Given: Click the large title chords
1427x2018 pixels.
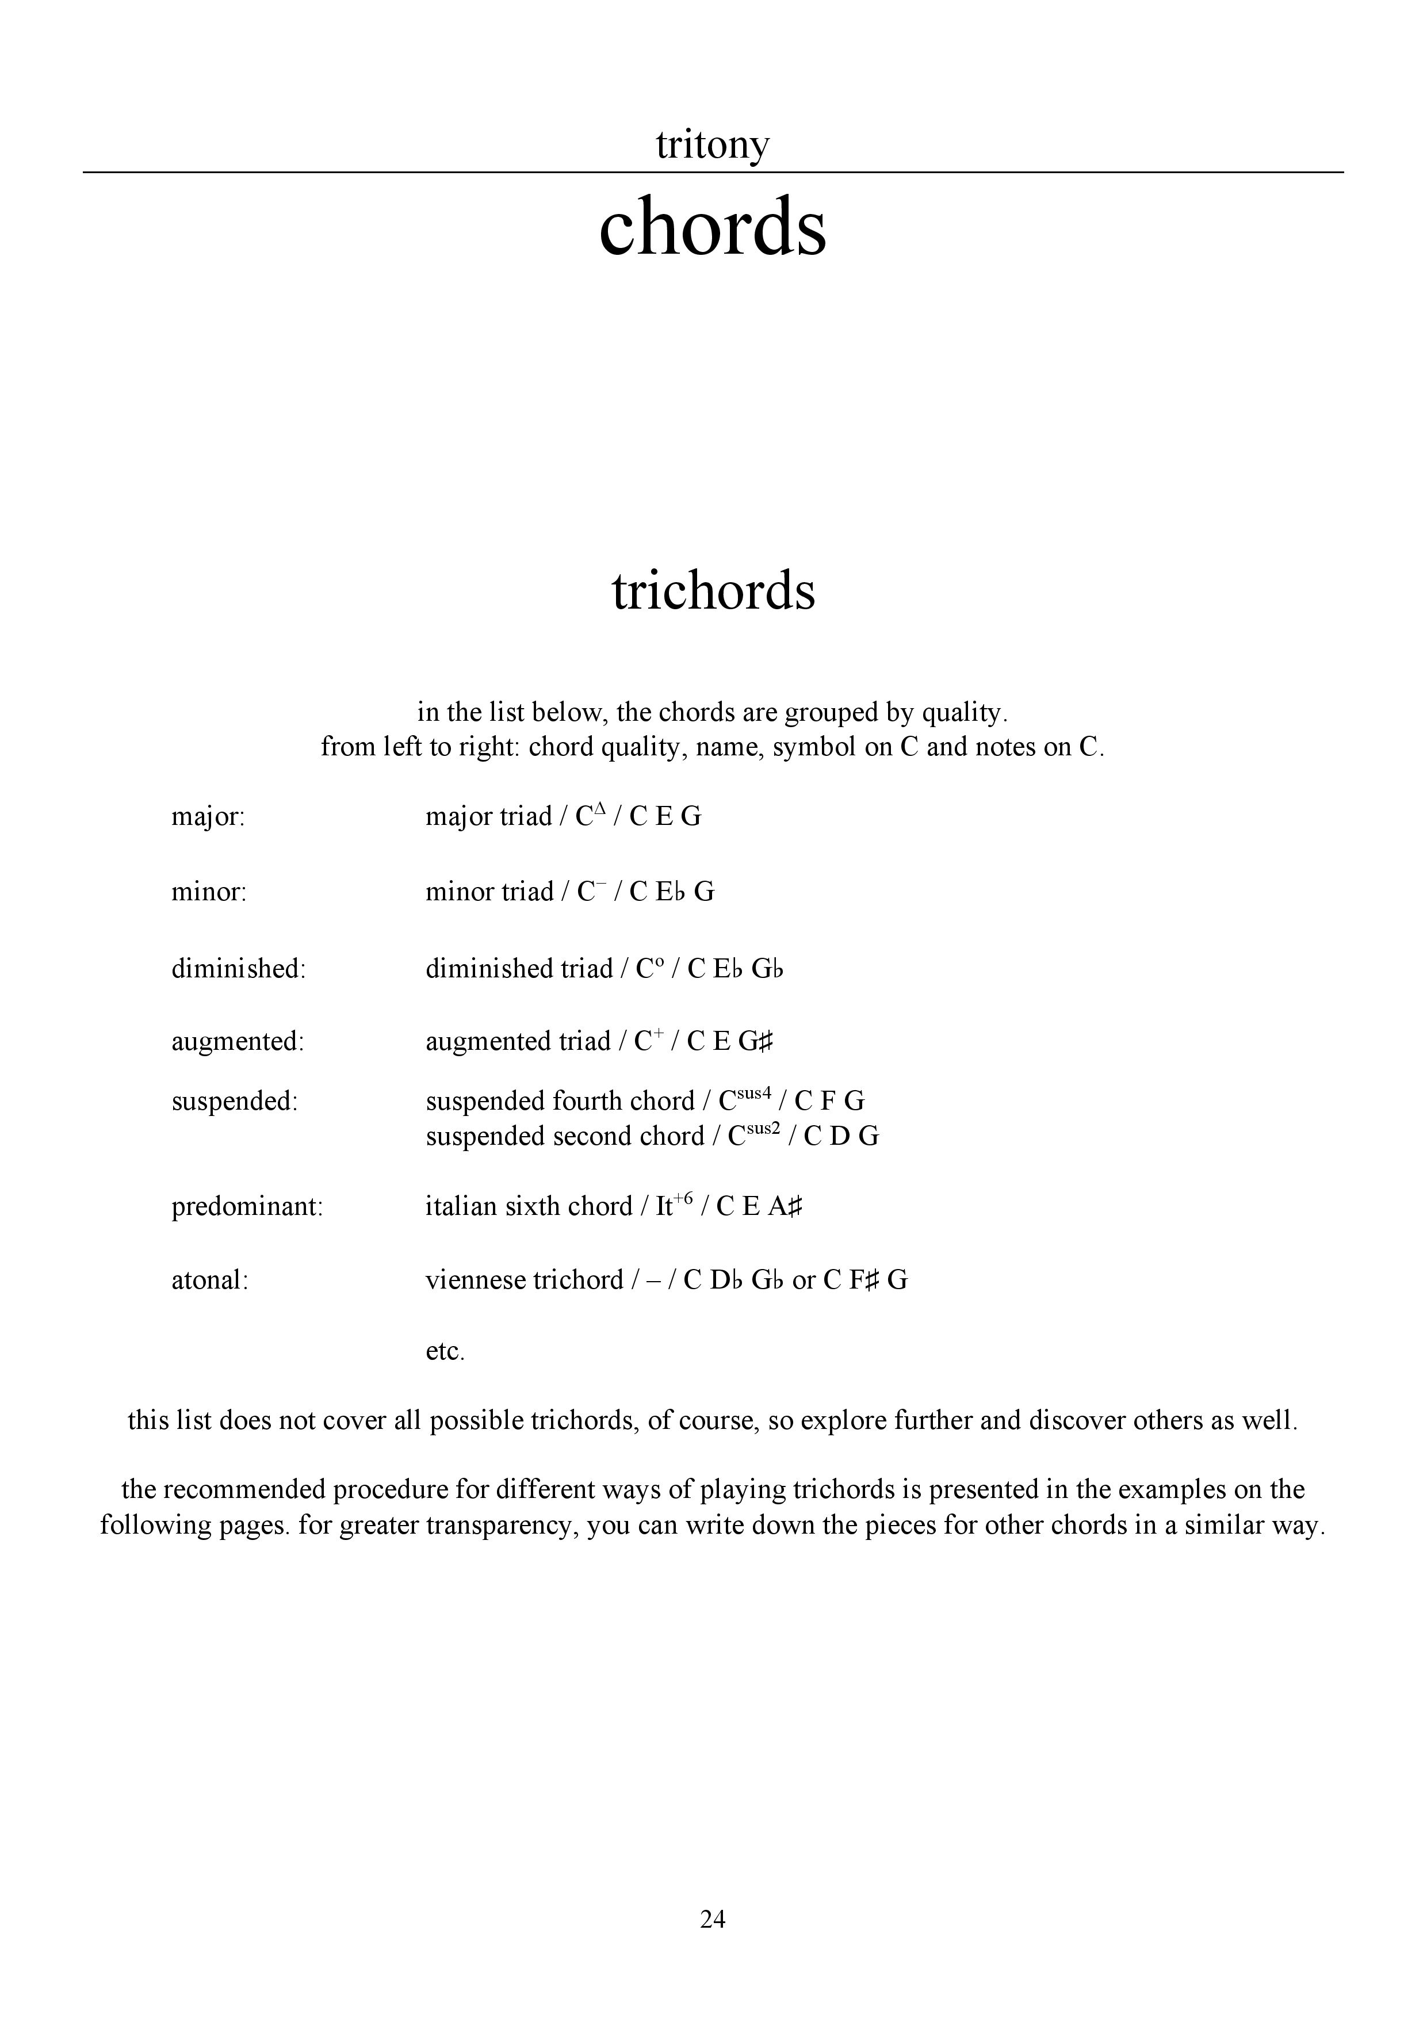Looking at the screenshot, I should tap(713, 227).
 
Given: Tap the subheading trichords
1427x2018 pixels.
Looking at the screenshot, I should tap(713, 591).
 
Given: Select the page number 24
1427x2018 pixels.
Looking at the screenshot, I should tap(713, 1920).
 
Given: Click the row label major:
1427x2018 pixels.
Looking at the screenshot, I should tap(208, 817).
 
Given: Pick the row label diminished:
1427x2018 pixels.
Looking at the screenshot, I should tap(238, 969).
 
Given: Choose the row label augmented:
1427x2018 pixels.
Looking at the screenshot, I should tap(237, 1042).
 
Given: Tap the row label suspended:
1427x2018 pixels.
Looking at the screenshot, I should tap(235, 1101).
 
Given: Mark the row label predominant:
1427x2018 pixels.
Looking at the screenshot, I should tap(247, 1207).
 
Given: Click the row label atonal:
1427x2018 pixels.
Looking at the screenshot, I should tap(210, 1280).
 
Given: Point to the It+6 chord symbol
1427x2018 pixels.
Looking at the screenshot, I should tap(674, 1205).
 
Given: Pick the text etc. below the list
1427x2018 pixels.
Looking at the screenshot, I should tap(445, 1352).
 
